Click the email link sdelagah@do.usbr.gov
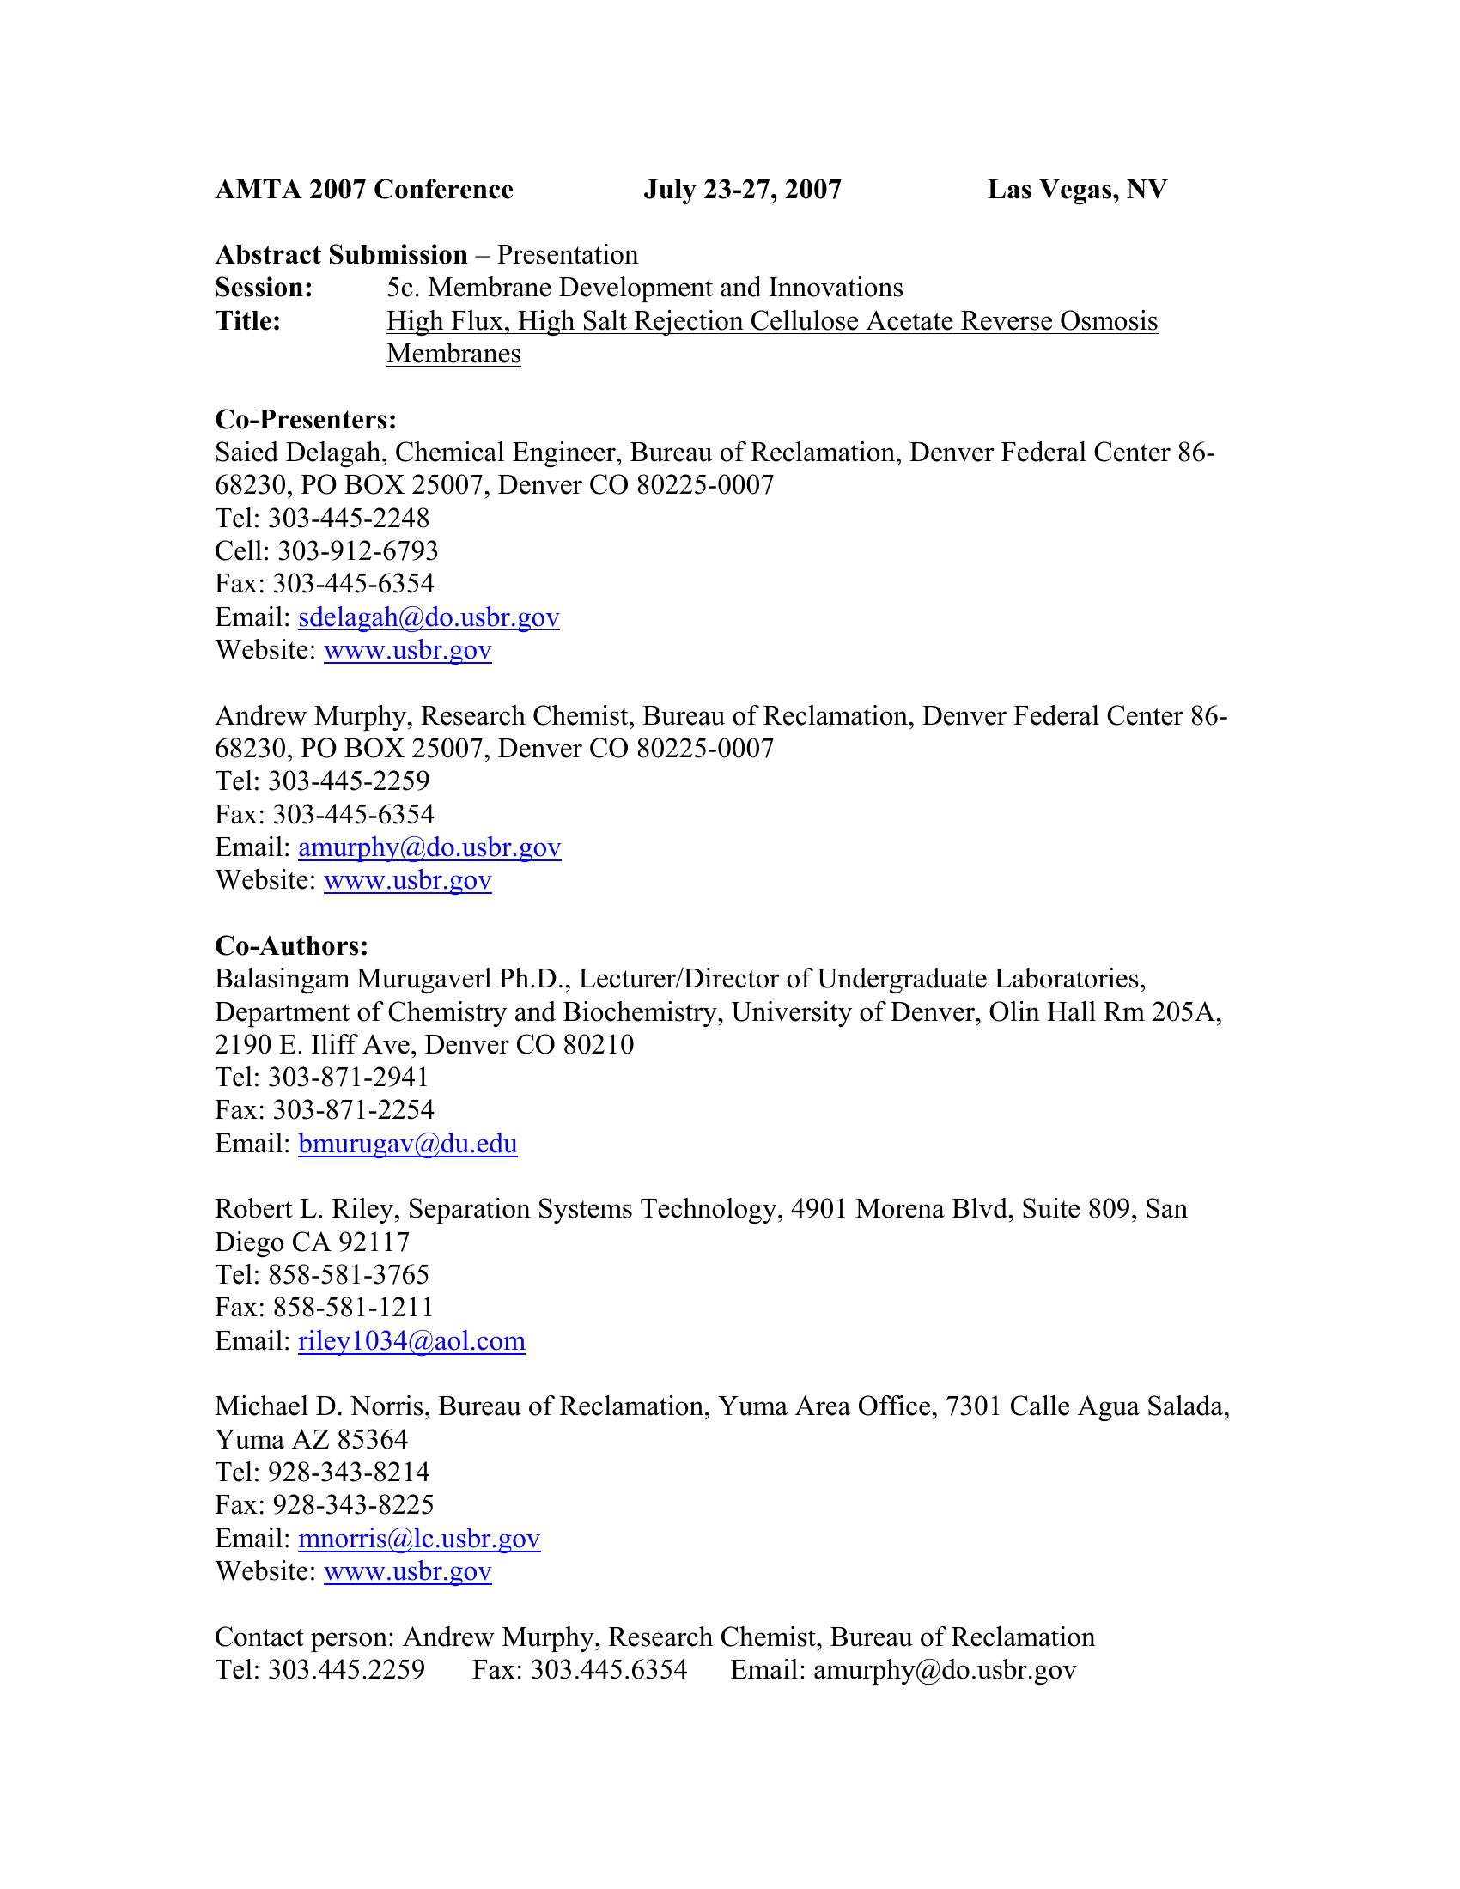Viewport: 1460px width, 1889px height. (429, 617)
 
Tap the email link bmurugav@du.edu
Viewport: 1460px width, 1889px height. (407, 1145)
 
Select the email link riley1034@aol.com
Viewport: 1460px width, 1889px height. (411, 1341)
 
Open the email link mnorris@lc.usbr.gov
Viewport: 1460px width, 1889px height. (418, 1539)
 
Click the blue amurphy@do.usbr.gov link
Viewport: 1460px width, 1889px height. (429, 847)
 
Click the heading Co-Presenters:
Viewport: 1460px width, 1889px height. (306, 420)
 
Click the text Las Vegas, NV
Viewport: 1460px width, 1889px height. (1077, 190)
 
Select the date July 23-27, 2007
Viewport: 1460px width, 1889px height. (742, 190)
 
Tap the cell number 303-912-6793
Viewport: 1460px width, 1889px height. (357, 551)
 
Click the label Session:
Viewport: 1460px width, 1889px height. (264, 287)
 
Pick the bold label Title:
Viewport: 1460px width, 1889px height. (247, 321)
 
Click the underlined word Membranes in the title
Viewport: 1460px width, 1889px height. (453, 354)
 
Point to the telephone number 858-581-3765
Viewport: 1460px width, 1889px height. (349, 1275)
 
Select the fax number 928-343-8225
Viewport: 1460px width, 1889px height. (353, 1505)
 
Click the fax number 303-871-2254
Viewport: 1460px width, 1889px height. (353, 1109)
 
